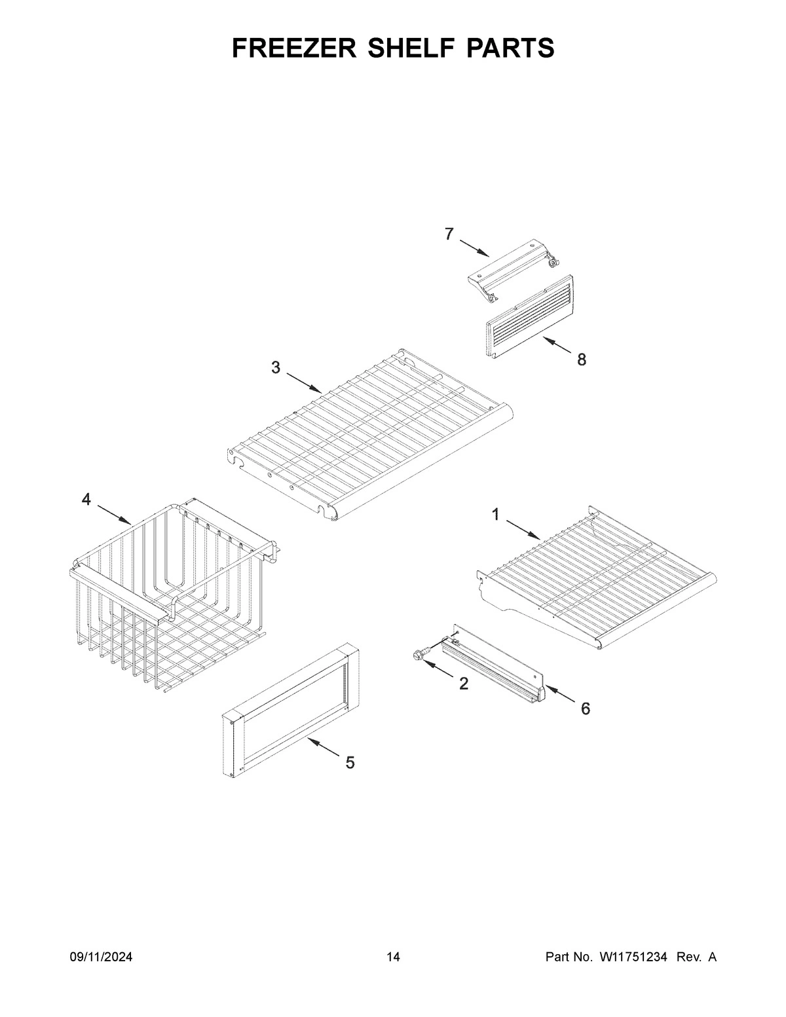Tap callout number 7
click(449, 234)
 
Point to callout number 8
click(581, 359)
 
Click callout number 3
click(276, 367)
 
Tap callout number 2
click(464, 684)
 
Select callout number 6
click(585, 708)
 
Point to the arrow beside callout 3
click(303, 382)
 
